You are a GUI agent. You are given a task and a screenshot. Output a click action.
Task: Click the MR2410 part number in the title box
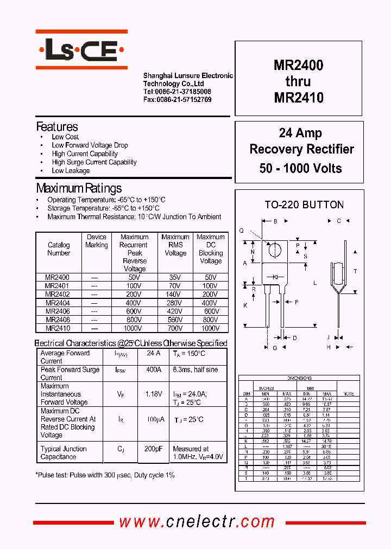point(298,98)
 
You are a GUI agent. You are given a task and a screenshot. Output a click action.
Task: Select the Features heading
point(57,127)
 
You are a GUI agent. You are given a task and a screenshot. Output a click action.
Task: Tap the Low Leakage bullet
point(71,171)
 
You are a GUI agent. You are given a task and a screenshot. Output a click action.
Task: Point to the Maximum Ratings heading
point(79,189)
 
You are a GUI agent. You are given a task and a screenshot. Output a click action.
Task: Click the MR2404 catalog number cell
point(58,303)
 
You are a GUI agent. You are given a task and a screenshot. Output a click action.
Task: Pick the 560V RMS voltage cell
point(175,320)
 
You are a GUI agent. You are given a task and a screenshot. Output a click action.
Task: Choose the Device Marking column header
point(97,241)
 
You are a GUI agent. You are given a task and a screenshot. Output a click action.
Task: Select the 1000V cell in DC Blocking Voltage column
point(211,328)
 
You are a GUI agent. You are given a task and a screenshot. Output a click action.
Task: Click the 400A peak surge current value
point(154,370)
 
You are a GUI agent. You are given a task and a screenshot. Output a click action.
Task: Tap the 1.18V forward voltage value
point(154,394)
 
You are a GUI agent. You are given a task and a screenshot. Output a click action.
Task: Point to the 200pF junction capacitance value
point(154,449)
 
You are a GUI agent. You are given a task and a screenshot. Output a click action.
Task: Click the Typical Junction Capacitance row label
point(64,453)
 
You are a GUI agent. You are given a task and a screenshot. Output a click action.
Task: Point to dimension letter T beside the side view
point(355,271)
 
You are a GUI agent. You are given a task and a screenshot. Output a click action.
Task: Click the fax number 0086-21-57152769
point(177,100)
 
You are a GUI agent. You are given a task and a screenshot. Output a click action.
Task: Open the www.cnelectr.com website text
point(197,522)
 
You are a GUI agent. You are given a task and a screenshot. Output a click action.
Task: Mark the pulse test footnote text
point(105,475)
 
